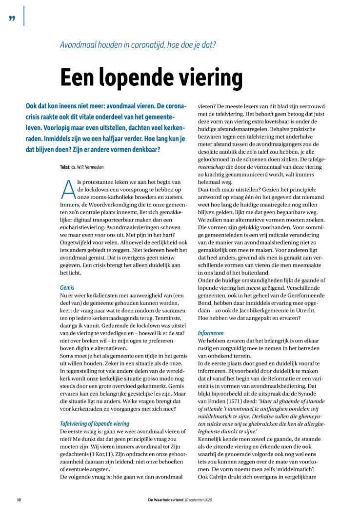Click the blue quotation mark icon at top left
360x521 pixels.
(11, 18)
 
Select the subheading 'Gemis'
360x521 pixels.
(67, 288)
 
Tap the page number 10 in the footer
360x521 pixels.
(19, 500)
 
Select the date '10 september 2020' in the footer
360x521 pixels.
(202, 500)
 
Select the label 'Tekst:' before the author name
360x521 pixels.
(66, 167)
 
